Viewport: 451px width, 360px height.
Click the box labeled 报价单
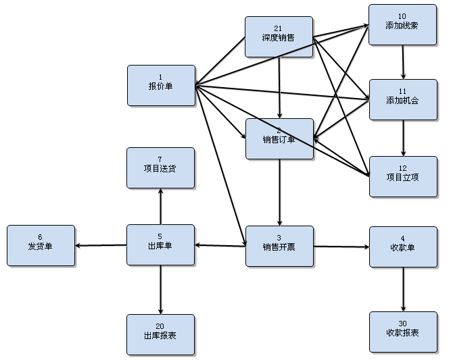pos(161,85)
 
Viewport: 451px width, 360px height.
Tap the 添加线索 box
pos(403,24)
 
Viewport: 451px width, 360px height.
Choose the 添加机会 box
pos(403,99)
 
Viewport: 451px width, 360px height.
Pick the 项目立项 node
pos(403,176)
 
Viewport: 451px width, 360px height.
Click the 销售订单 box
pos(279,138)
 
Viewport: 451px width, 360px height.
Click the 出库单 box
pos(161,245)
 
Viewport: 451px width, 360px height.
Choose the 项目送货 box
pos(161,168)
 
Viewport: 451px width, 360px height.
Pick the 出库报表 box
pos(161,334)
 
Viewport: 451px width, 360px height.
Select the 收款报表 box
pos(403,332)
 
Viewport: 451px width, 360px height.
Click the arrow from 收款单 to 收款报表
pos(404,289)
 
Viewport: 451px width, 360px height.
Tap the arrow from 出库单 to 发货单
pos(101,245)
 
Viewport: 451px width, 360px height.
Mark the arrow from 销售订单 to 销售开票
pos(279,192)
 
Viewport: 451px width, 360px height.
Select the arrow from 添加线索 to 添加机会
pos(404,62)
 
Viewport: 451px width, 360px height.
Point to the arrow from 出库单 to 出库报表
pos(161,289)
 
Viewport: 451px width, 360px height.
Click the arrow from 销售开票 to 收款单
pos(341,247)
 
